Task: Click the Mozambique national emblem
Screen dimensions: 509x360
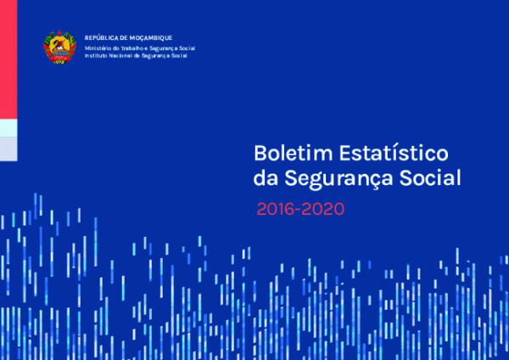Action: point(59,47)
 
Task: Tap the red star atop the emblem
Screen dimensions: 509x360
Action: point(59,33)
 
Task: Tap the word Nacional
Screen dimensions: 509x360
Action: point(120,55)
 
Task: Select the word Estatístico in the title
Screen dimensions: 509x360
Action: point(394,153)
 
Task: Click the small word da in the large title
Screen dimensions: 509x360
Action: point(266,178)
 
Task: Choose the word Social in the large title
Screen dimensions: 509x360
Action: point(430,177)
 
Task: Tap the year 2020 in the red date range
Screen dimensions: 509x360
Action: point(322,209)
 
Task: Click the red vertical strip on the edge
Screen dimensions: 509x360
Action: point(8,59)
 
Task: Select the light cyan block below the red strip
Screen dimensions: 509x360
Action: point(8,127)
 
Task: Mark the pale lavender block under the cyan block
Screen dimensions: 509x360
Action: point(8,149)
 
